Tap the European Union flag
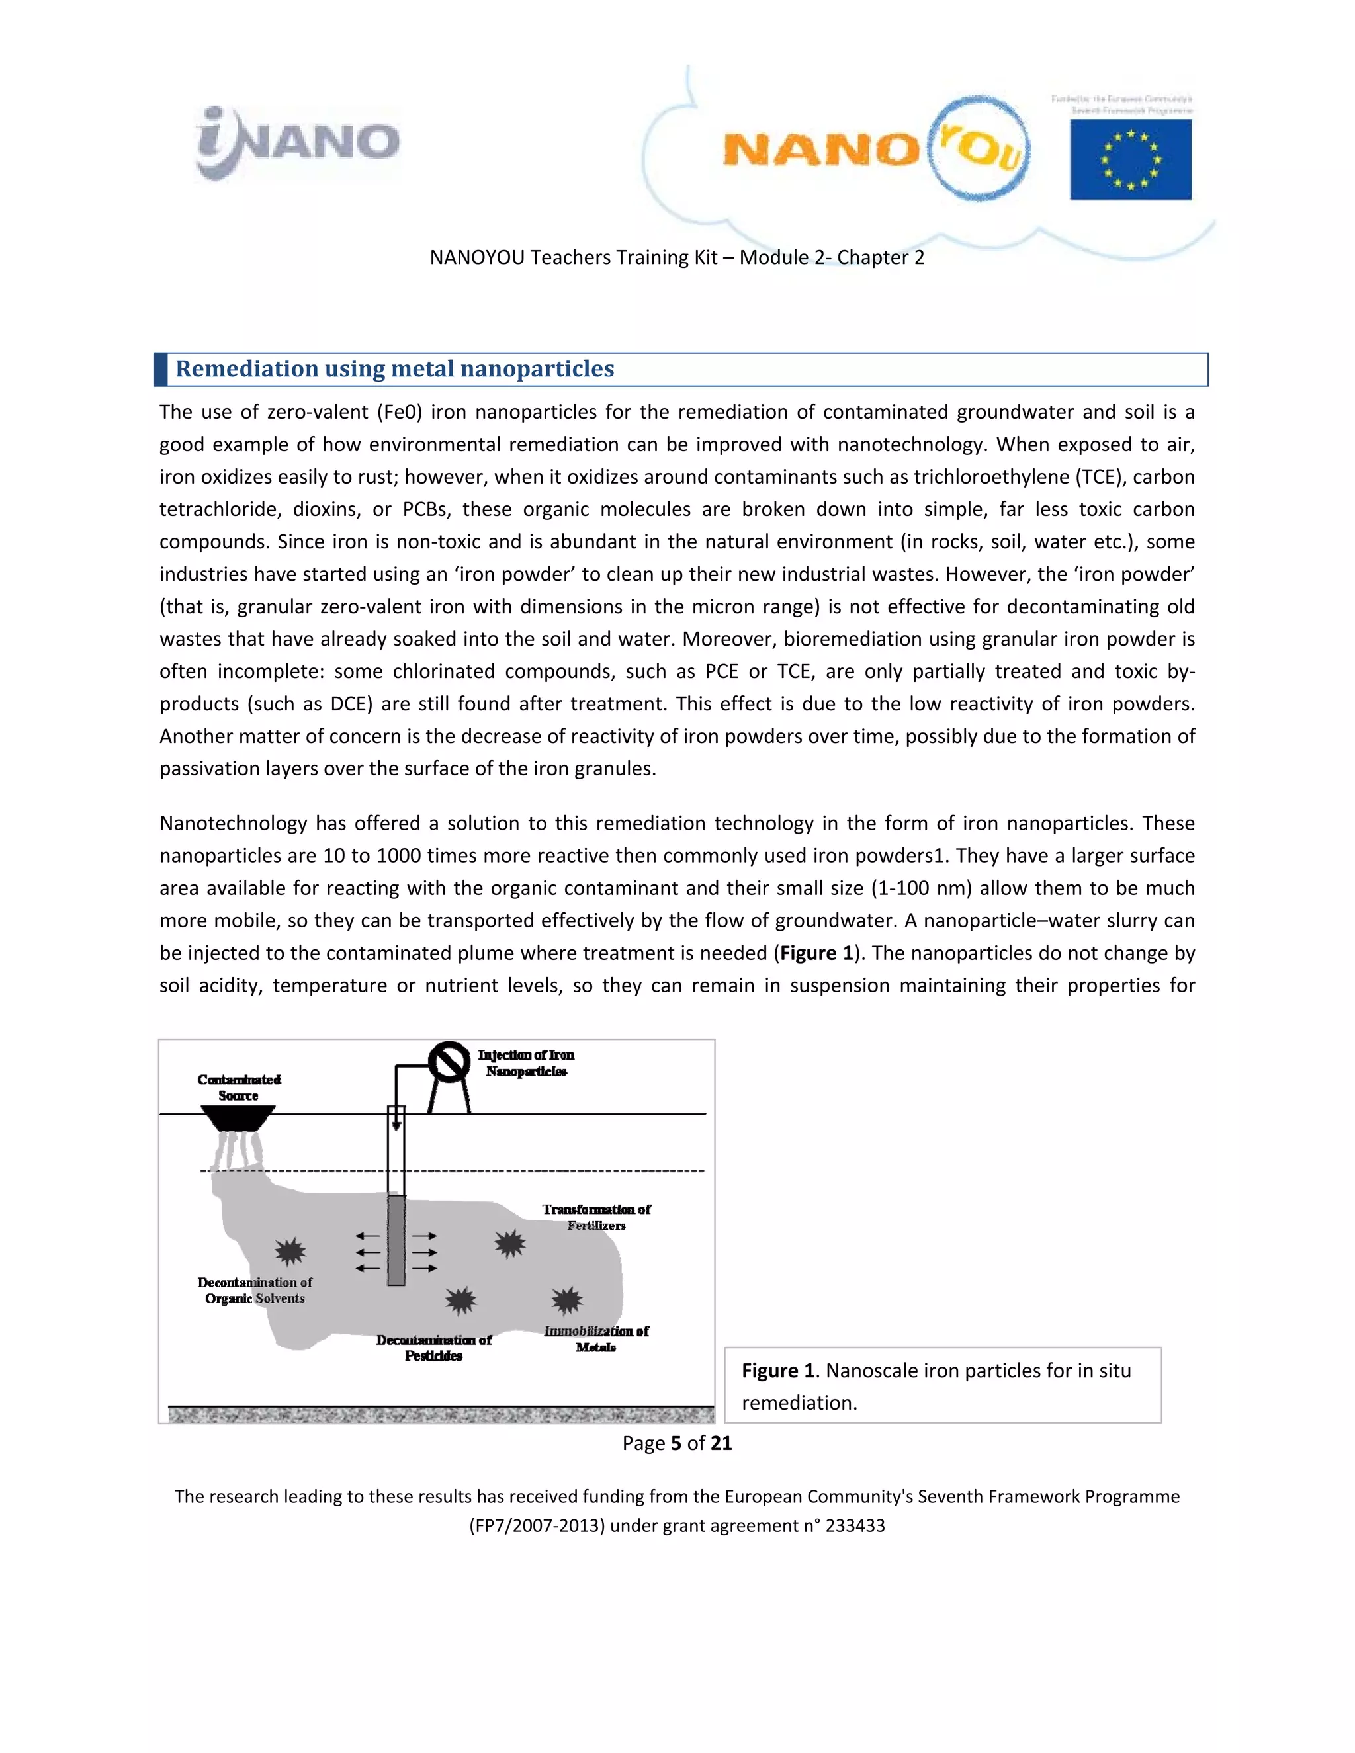click(1130, 159)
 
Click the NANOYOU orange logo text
click(820, 150)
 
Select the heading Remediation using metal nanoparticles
click(394, 369)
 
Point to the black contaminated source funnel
click(238, 1117)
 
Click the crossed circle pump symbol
click(449, 1063)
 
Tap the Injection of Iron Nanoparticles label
click(526, 1063)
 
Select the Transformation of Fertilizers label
click(596, 1217)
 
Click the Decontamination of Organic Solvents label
click(255, 1290)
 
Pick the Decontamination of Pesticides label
click(433, 1347)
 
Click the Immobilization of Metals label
click(595, 1339)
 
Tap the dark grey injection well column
click(396, 1240)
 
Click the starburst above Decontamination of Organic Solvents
click(290, 1250)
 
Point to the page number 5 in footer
click(676, 1444)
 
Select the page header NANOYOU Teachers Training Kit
click(677, 257)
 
